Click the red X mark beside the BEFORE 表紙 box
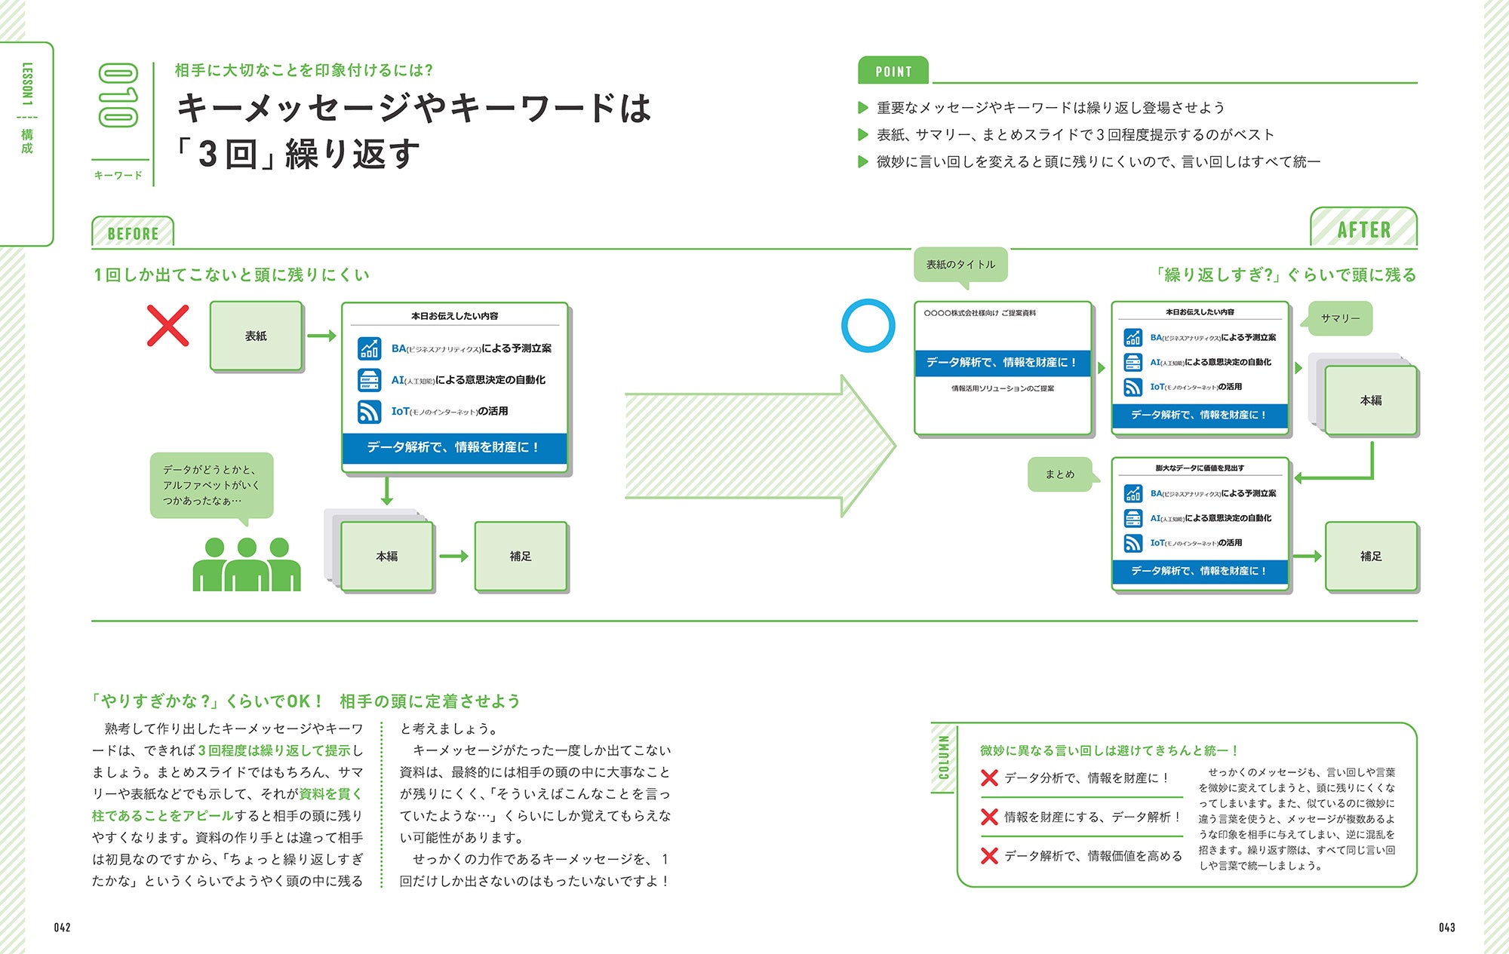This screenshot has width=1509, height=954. pos(167,326)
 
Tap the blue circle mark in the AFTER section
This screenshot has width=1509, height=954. pos(868,325)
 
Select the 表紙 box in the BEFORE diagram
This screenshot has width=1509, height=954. pos(256,336)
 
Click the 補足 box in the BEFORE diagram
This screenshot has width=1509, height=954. pos(520,557)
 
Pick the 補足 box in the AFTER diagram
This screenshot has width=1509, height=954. pos(1370,557)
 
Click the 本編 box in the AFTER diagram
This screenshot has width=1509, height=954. pos(1370,400)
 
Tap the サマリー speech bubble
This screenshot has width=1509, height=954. pos(1340,318)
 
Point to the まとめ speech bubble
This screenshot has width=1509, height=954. pos(1059,474)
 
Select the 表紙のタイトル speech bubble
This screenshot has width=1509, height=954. pos(960,265)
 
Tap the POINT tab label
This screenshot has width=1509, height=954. pos(893,72)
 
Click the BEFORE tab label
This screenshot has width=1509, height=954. pos(133,233)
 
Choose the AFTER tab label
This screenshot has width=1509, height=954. pos(1363,229)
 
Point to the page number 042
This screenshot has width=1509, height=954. pos(62,928)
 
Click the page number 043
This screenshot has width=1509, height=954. pos(1446,928)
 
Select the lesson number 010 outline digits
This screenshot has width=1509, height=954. pos(118,95)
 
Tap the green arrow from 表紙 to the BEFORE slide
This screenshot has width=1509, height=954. pos(321,336)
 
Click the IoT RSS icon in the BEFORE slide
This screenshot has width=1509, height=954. pos(369,412)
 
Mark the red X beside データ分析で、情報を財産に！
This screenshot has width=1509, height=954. pos(989,778)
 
